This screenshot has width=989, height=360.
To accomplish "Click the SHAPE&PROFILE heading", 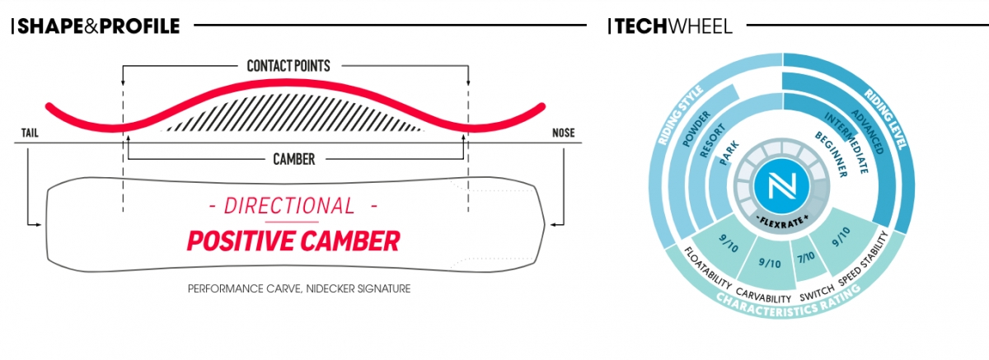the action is coord(98,26).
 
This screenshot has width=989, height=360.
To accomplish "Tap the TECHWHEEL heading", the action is coord(673,26).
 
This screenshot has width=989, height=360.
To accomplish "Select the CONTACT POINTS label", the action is coord(288,66).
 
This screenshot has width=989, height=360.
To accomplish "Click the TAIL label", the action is coord(30,133).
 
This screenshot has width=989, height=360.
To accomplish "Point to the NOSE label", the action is coord(564,133).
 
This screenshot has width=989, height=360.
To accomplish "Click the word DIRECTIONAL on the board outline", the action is coord(289,206).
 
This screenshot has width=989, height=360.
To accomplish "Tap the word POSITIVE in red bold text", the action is coord(241,241).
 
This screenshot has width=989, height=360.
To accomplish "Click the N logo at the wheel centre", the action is coord(782,185).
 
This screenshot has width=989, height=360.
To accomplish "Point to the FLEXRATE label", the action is coord(782,222).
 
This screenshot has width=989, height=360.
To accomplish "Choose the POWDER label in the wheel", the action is coord(696,129).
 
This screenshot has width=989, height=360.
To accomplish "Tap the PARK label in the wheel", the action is coord(729,153).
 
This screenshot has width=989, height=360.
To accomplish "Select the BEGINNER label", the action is coord(831,154).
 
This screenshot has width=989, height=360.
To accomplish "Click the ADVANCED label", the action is coord(868,132).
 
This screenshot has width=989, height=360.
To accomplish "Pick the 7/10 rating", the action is coord(806,257).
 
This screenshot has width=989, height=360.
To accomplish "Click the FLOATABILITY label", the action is coord(708,268).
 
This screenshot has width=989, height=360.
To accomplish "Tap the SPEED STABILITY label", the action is coord(863,259).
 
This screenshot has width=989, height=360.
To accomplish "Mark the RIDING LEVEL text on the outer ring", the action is coord(885,119).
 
